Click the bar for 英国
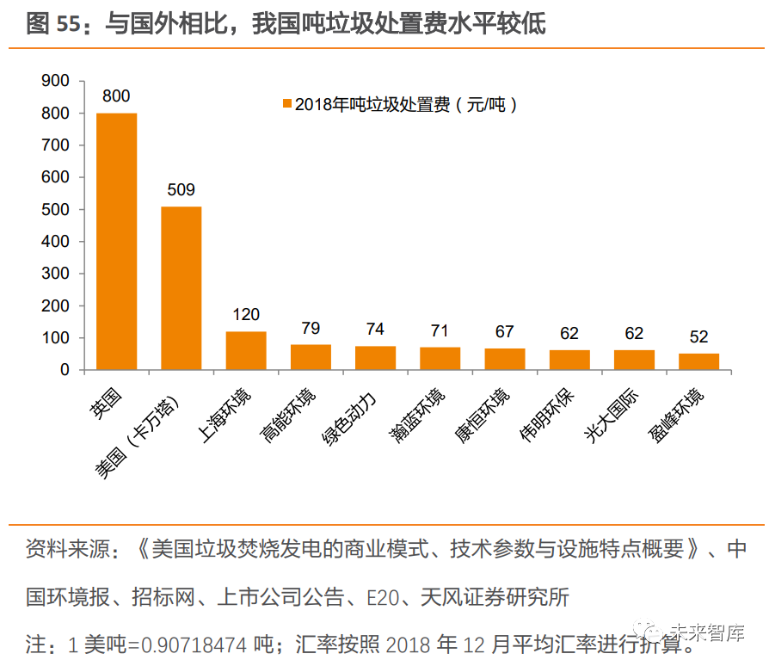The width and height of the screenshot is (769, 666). [116, 241]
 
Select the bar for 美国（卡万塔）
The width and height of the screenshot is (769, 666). [181, 288]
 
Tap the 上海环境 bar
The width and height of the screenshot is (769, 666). [245, 350]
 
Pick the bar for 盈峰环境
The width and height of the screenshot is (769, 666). [698, 361]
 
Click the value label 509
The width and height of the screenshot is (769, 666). [181, 190]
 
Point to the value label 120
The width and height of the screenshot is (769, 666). [245, 315]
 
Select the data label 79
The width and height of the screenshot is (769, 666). [311, 328]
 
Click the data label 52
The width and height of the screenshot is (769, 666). [698, 336]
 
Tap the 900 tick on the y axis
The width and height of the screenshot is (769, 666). [55, 81]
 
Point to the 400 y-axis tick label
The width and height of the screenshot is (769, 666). [55, 242]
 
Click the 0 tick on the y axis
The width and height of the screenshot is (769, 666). [65, 370]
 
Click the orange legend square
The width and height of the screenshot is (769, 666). [287, 105]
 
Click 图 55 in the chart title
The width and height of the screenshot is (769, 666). [52, 24]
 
